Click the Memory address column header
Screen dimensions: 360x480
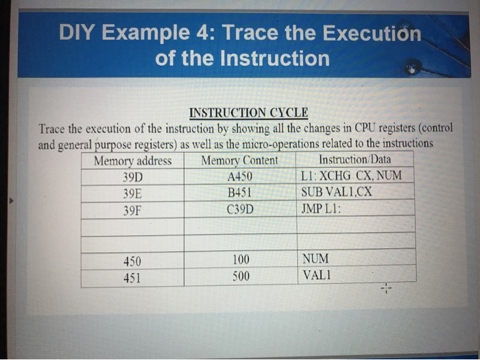(132, 162)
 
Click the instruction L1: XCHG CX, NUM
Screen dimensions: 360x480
(352, 176)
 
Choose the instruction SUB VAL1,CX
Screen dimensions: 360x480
(337, 191)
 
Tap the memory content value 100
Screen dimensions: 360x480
(241, 261)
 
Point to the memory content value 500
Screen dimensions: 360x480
(241, 277)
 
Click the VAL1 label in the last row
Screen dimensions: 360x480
(315, 277)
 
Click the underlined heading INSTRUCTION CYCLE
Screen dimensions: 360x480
(248, 112)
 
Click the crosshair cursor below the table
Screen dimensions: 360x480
(388, 289)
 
